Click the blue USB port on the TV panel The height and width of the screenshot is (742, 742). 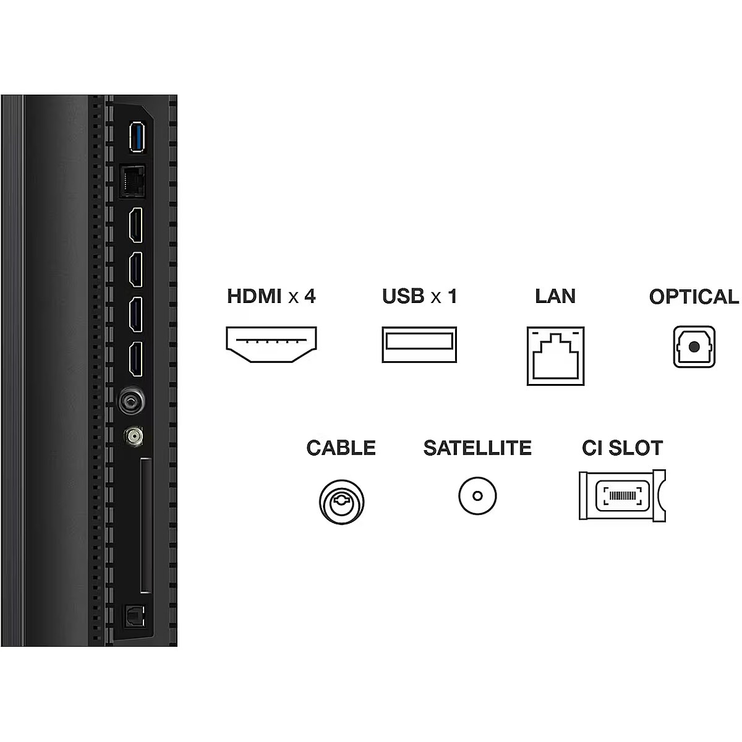coord(136,136)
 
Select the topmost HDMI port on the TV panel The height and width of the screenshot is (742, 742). coord(135,225)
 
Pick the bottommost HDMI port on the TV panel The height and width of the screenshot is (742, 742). coord(135,359)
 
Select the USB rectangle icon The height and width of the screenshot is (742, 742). coord(419,344)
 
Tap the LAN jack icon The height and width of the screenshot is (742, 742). coord(555,356)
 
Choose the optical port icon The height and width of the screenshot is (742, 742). coord(694,347)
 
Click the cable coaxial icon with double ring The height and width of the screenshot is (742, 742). coord(341,497)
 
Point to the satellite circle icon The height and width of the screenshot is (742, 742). coord(477,496)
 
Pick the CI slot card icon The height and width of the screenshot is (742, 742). coord(623,495)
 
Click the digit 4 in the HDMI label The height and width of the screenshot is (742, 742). coord(309,296)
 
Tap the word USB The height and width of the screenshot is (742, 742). coord(403,296)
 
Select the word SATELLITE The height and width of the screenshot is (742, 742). coord(477,448)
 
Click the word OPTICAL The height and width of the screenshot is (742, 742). coord(694,297)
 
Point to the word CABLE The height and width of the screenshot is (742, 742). coord(341,448)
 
